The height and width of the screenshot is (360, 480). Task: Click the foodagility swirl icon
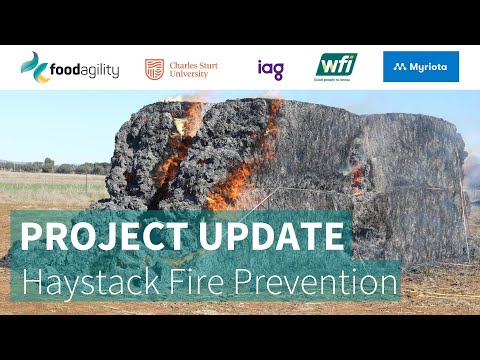pyautogui.click(x=35, y=67)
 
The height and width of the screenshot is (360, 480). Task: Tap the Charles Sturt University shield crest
pyautogui.click(x=154, y=68)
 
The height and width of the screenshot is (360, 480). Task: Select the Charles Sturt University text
pyautogui.click(x=195, y=68)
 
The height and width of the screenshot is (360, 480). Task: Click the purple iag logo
pyautogui.click(x=270, y=69)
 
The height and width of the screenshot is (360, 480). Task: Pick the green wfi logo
pyautogui.click(x=336, y=67)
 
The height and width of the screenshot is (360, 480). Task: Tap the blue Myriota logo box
pyautogui.click(x=421, y=67)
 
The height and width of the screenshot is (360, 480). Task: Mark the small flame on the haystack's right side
pyautogui.click(x=357, y=177)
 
